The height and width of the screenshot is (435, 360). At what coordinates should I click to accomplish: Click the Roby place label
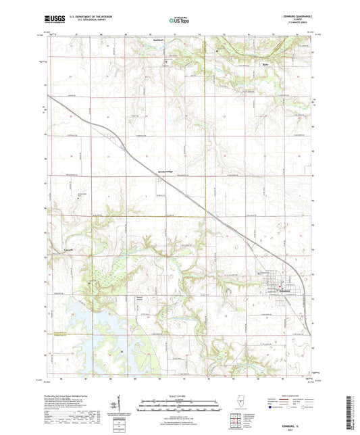click(265, 66)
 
